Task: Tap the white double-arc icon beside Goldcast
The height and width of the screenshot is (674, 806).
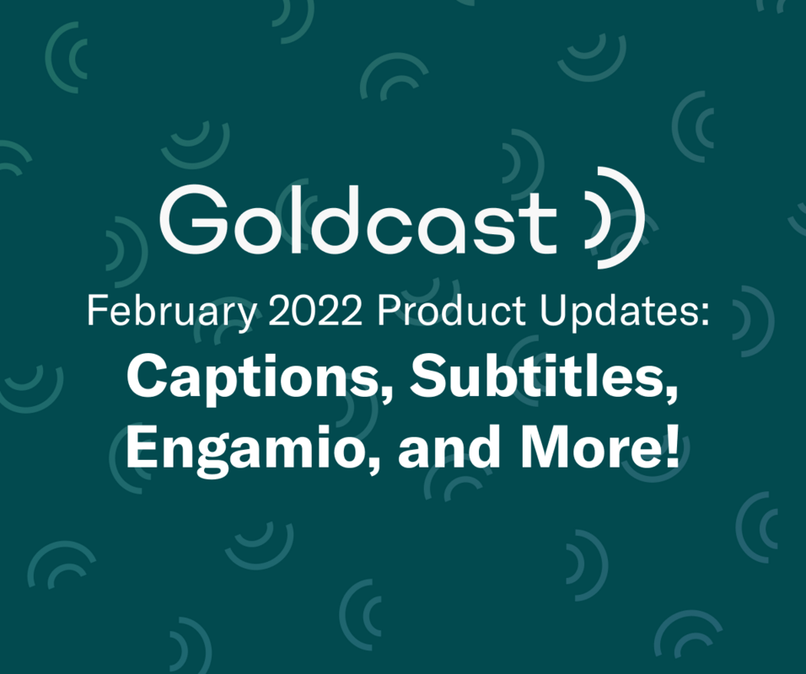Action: click(x=614, y=217)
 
